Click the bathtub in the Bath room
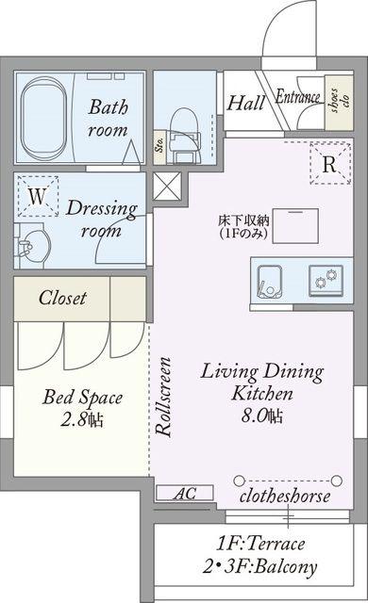click(x=42, y=120)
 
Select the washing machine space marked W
click(x=38, y=196)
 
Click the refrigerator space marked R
click(x=330, y=163)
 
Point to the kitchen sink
click(x=270, y=282)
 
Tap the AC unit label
click(x=184, y=494)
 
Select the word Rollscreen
click(x=163, y=397)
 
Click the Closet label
click(x=62, y=298)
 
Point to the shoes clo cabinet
click(x=339, y=103)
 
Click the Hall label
click(x=245, y=103)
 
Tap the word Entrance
click(x=297, y=96)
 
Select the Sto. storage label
click(x=159, y=145)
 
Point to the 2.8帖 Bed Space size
click(x=82, y=420)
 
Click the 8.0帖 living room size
click(x=262, y=416)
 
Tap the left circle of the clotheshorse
click(x=239, y=481)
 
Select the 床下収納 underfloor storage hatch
click(x=295, y=226)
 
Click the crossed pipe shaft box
click(x=167, y=187)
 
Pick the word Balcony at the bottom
click(x=286, y=567)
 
